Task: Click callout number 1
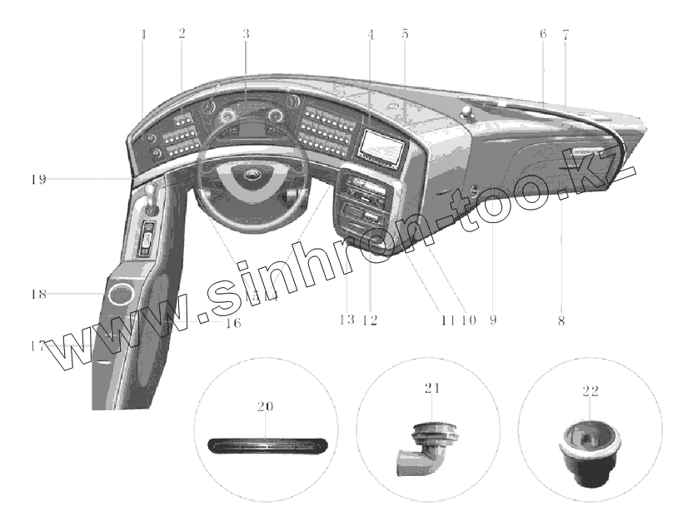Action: [x=143, y=34]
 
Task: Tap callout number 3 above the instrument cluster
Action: [x=246, y=34]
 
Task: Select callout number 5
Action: [x=404, y=34]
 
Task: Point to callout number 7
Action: [x=566, y=34]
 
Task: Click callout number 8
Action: [x=561, y=320]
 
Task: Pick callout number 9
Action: [x=492, y=320]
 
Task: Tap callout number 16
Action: [x=232, y=323]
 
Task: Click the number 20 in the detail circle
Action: [x=265, y=406]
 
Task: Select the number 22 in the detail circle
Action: [x=591, y=389]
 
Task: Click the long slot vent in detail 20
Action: [x=266, y=444]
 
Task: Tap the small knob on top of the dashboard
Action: [x=469, y=112]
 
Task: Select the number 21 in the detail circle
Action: [x=431, y=388]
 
